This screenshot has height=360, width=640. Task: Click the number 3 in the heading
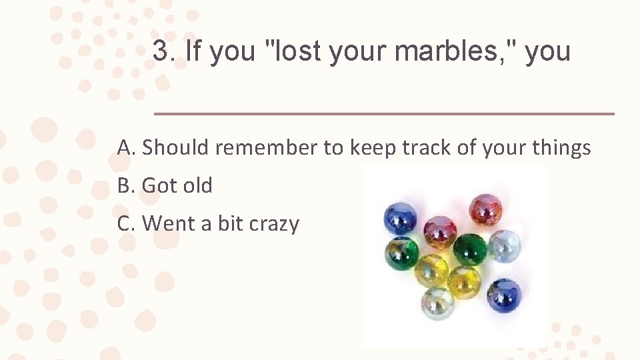click(161, 51)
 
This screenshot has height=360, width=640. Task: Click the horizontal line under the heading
click(384, 114)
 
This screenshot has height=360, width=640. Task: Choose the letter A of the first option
click(125, 147)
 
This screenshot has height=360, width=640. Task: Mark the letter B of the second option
click(125, 185)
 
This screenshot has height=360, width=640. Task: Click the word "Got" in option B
click(159, 185)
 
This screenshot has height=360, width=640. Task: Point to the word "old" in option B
click(197, 185)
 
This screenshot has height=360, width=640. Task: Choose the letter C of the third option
click(125, 223)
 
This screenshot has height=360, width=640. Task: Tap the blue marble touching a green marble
click(399, 218)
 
